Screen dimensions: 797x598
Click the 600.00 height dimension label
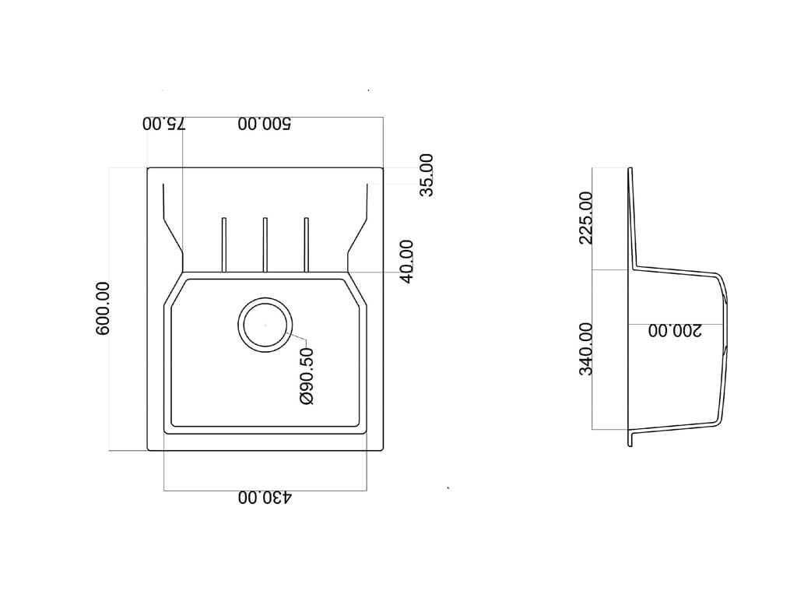click(x=102, y=308)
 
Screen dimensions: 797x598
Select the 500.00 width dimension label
click(x=265, y=124)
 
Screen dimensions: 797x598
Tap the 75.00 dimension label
click(x=164, y=124)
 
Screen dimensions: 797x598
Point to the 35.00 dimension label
click(x=427, y=175)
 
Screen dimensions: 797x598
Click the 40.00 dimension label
click(x=406, y=262)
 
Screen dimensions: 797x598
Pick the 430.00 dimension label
click(x=265, y=498)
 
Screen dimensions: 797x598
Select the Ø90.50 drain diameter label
click(x=307, y=376)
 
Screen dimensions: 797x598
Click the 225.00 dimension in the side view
click(x=585, y=218)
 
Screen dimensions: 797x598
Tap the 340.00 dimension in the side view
click(x=585, y=349)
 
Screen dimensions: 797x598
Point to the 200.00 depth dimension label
click(x=675, y=330)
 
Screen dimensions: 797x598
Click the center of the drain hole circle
click(x=265, y=325)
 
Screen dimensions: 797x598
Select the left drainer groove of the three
click(x=223, y=244)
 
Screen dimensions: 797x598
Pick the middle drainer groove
click(x=265, y=244)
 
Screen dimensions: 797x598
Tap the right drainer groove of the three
click(x=306, y=244)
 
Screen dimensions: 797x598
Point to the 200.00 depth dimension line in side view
click(x=676, y=324)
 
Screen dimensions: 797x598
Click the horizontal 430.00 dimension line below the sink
click(x=265, y=491)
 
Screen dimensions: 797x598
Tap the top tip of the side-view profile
click(x=630, y=168)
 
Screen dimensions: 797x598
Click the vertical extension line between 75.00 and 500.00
click(x=182, y=193)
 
